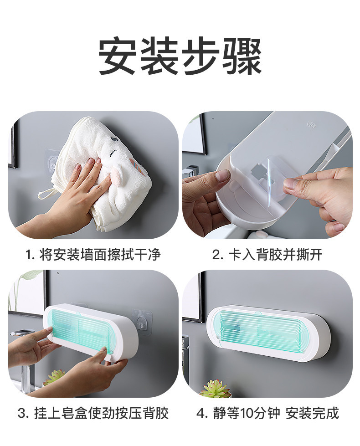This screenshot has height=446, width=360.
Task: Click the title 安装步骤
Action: tap(180, 56)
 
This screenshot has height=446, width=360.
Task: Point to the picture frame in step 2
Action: tap(194, 134)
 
